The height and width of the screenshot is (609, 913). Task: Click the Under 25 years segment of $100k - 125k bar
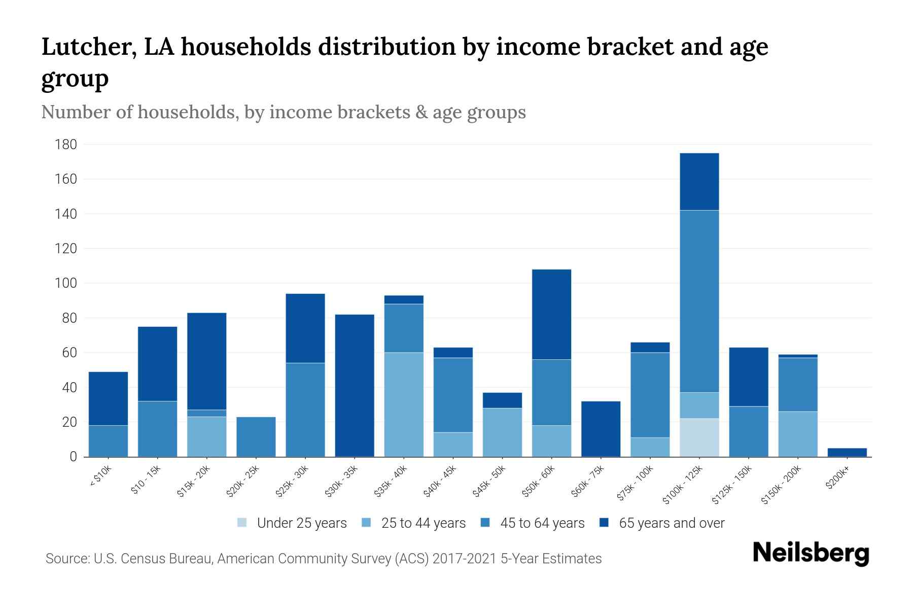tap(699, 437)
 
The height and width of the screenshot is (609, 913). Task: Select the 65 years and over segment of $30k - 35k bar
tap(355, 386)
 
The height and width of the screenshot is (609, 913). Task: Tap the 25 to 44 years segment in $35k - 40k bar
tap(404, 404)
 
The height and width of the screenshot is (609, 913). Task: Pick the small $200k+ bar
tap(847, 452)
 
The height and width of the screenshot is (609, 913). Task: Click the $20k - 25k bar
tap(256, 437)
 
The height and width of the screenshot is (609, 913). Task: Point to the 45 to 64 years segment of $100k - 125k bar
tap(699, 301)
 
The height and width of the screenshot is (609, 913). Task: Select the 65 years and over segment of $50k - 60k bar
tap(551, 315)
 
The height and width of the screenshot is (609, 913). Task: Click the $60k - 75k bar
tap(601, 429)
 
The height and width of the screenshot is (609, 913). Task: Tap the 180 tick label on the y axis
tap(66, 145)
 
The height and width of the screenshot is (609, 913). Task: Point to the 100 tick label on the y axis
tap(66, 284)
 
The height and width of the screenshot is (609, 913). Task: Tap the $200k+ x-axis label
tap(837, 479)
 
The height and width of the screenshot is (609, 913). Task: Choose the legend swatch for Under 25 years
tap(242, 523)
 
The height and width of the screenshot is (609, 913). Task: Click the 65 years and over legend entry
tap(671, 523)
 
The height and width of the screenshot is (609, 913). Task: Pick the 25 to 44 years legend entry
tap(423, 523)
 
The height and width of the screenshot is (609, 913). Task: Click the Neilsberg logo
tap(811, 553)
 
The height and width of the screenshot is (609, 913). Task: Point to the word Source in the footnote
tap(66, 559)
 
